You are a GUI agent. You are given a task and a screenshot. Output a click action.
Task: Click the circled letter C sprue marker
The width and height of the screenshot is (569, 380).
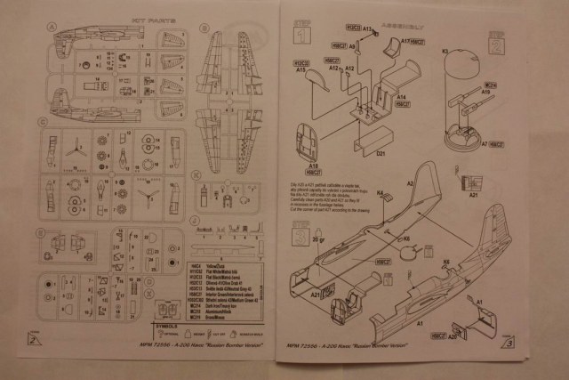pyautogui.click(x=43, y=122)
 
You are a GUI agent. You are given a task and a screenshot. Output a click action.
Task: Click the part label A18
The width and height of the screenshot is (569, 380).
pyautogui.click(x=315, y=166)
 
